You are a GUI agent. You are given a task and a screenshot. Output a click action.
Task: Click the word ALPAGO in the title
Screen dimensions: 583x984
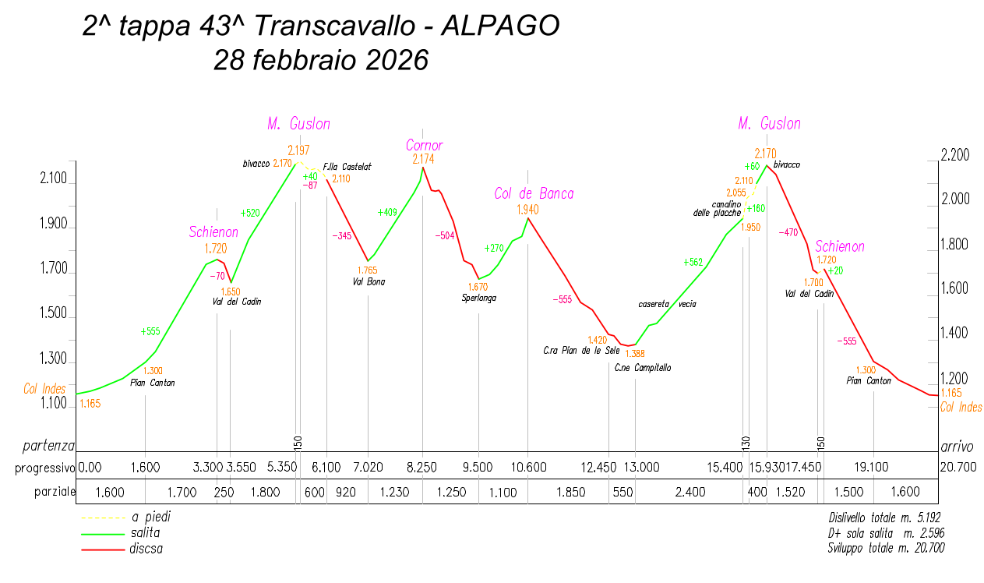(x=499, y=26)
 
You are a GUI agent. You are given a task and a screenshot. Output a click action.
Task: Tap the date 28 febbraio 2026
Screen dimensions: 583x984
(x=321, y=60)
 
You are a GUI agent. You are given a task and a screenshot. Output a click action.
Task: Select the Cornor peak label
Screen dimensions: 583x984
(x=424, y=146)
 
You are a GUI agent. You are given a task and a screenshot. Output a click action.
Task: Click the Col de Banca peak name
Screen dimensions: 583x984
(x=534, y=193)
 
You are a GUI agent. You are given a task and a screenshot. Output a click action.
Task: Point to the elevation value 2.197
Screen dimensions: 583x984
(x=298, y=150)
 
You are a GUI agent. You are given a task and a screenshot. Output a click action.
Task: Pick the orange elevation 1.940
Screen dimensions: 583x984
(x=527, y=210)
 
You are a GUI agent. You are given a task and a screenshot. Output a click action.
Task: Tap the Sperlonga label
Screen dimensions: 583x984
(x=478, y=298)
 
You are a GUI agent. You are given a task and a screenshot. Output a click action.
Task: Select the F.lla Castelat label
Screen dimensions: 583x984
(x=347, y=166)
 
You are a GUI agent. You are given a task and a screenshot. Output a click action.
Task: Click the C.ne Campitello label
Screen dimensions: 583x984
(x=642, y=368)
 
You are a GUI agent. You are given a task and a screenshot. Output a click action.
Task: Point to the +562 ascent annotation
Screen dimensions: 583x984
(x=693, y=263)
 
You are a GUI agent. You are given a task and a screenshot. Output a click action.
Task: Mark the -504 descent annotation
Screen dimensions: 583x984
(x=445, y=235)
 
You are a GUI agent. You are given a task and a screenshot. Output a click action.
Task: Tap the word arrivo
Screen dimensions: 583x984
(x=957, y=447)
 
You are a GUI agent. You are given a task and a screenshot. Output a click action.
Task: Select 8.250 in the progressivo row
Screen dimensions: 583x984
(x=421, y=468)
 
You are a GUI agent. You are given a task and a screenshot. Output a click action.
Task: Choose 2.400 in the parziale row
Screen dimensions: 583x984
(x=690, y=492)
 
